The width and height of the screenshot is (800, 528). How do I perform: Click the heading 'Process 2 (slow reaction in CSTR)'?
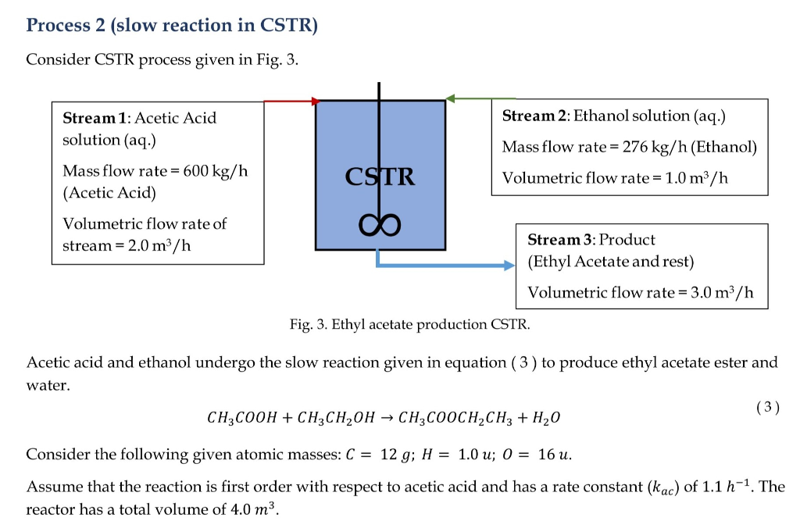tap(172, 25)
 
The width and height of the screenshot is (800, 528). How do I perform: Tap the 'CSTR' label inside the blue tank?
tap(380, 177)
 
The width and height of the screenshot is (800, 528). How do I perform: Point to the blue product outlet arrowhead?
tap(509, 266)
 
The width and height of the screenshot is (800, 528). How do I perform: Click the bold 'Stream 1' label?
tap(95, 118)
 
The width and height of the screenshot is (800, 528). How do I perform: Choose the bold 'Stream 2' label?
tap(535, 116)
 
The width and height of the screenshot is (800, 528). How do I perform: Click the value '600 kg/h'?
tap(215, 170)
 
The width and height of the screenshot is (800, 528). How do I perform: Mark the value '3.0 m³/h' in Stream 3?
tap(725, 292)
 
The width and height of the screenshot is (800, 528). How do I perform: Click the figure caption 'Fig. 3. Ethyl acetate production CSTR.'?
tap(409, 324)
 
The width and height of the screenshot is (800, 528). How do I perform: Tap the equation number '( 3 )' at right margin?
tap(767, 406)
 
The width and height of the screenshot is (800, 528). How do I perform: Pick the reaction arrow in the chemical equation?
tap(384, 418)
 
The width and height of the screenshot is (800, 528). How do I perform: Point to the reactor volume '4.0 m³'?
tap(256, 510)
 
